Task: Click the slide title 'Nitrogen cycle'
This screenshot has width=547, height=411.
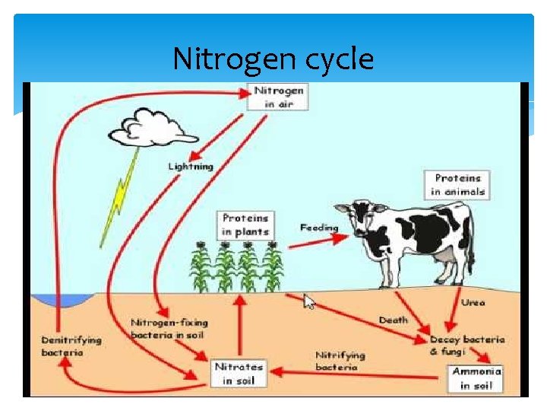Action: pyautogui.click(x=273, y=59)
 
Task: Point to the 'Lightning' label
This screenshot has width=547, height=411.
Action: pyautogui.click(x=191, y=166)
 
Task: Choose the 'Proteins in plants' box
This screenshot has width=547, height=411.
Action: pyautogui.click(x=245, y=225)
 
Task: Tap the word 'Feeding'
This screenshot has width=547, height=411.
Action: pyautogui.click(x=319, y=228)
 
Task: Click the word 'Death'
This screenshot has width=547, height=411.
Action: pyautogui.click(x=393, y=320)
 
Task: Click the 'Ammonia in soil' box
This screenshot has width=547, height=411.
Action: pyautogui.click(x=476, y=378)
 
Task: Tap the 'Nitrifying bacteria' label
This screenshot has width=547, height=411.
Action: pyautogui.click(x=340, y=361)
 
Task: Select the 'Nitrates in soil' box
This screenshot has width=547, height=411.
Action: pyautogui.click(x=239, y=373)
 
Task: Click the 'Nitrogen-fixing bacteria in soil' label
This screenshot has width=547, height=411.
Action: pyautogui.click(x=169, y=329)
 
